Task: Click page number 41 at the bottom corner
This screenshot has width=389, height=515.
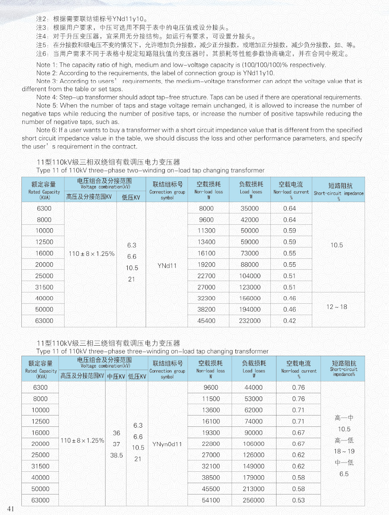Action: click(x=11, y=509)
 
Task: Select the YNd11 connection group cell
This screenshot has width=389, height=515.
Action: click(x=167, y=265)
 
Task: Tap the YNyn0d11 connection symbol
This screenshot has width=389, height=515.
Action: click(x=167, y=444)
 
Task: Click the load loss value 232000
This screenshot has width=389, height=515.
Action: click(x=250, y=321)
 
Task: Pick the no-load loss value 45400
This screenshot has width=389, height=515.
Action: click(x=206, y=321)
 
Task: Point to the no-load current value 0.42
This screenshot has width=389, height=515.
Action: click(x=290, y=321)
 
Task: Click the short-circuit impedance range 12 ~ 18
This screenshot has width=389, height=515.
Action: click(x=337, y=307)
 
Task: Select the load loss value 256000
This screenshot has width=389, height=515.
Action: click(x=253, y=501)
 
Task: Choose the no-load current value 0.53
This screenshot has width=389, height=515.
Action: click(x=299, y=501)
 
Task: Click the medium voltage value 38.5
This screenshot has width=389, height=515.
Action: click(x=116, y=455)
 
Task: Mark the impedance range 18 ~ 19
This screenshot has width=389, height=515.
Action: click(x=344, y=451)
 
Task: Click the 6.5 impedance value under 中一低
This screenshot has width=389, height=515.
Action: click(x=344, y=474)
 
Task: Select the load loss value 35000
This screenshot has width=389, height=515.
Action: click(x=250, y=209)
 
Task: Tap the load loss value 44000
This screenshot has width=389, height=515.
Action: click(x=253, y=388)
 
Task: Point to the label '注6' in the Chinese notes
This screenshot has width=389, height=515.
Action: click(x=42, y=54)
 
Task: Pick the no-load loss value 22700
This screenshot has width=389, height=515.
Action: click(x=206, y=276)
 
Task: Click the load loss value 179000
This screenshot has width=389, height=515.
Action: click(x=253, y=478)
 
